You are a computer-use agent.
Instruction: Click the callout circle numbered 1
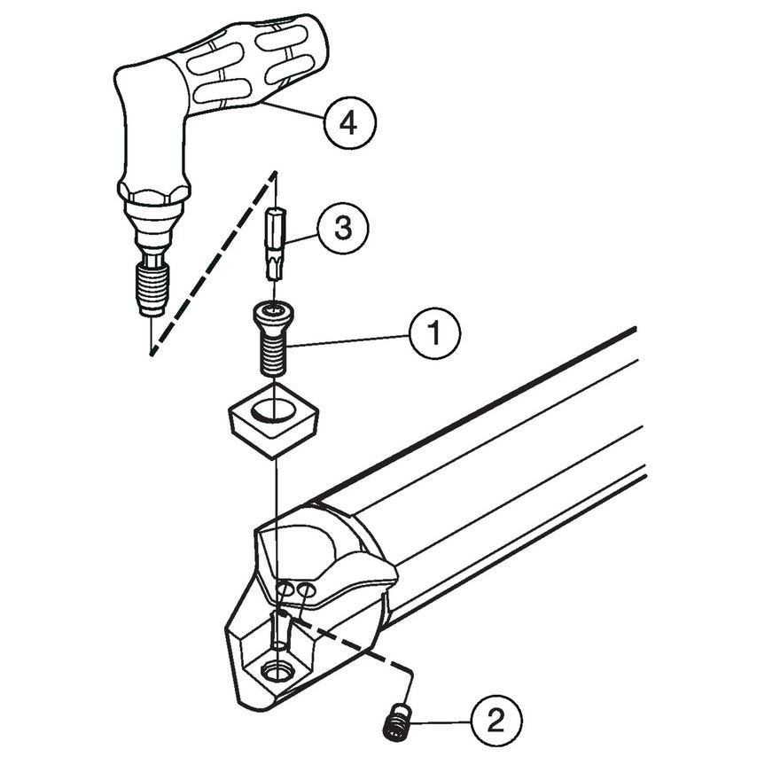(x=434, y=335)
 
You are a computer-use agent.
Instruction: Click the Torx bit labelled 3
(x=275, y=243)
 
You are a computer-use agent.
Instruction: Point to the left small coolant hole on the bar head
(x=285, y=590)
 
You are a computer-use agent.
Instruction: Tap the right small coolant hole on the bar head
(x=306, y=589)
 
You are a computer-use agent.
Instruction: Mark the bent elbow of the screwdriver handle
(x=142, y=89)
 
